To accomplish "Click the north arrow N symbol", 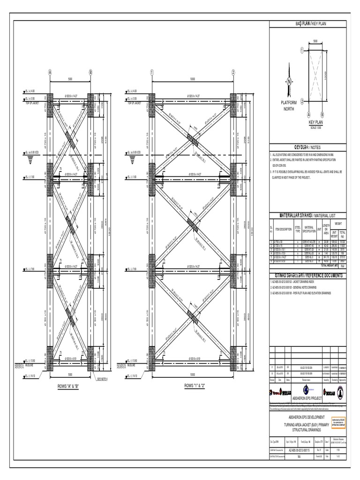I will point(289,81).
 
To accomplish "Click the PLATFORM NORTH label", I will point(289,105).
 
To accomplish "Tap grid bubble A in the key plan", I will point(308,114).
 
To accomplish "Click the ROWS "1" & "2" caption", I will point(193,387).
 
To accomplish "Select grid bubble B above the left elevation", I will point(90,73).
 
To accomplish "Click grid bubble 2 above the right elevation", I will point(233,73).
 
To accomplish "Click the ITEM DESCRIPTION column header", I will point(284,229).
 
